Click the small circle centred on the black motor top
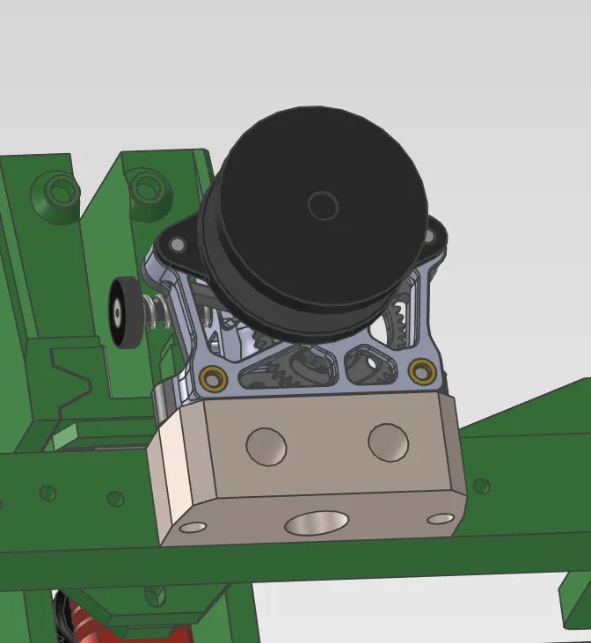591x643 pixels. coord(323,206)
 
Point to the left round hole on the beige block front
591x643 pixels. coord(266,446)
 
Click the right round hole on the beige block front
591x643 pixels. coord(388,442)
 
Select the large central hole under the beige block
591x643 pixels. coord(316,523)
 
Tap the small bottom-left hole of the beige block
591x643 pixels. coord(193,528)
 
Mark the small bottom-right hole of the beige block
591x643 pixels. coord(441,519)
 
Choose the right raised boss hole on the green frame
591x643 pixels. coord(148,186)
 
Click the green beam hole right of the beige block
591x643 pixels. coord(481,486)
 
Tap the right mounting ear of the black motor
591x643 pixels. coord(434,235)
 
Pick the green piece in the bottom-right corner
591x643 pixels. coord(575,598)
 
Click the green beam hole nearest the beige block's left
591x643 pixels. coord(115,499)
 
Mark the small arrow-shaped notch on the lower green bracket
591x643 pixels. coord(156,597)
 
